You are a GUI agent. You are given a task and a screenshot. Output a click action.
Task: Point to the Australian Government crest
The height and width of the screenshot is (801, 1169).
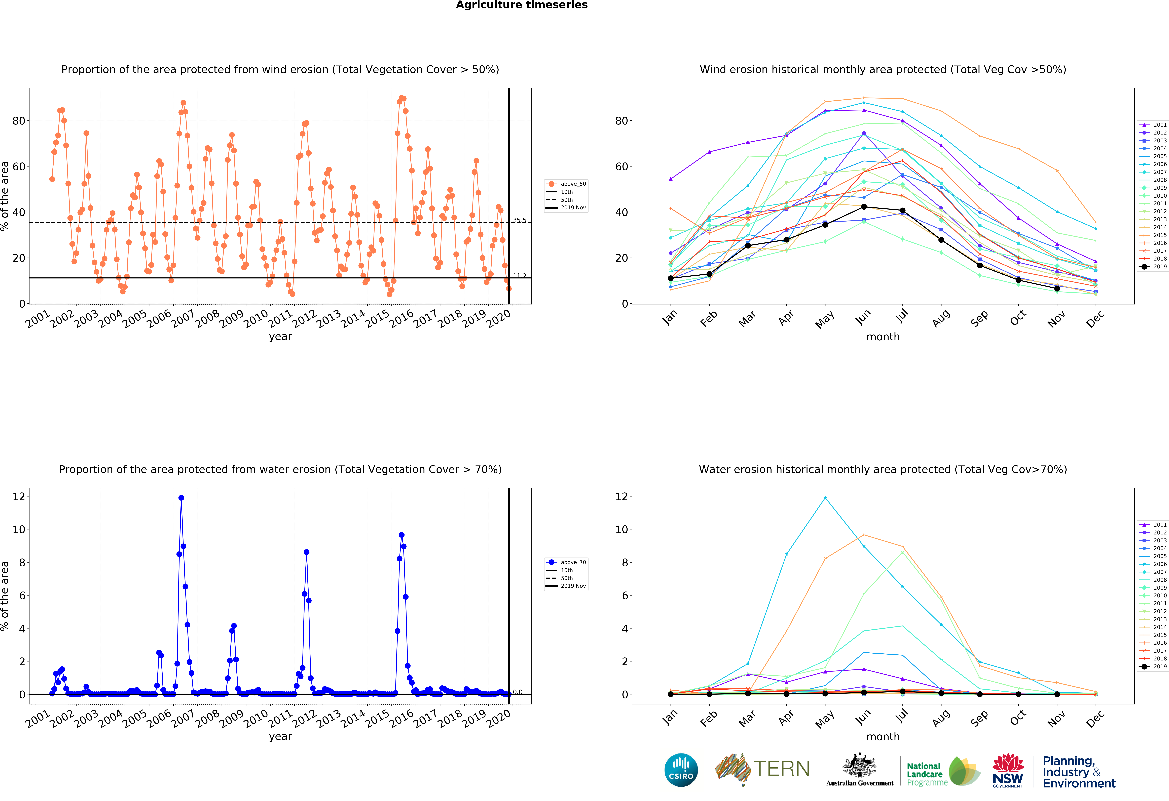pyautogui.click(x=860, y=766)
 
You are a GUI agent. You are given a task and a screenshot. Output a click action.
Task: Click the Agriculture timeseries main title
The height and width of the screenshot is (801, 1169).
pyautogui.click(x=522, y=5)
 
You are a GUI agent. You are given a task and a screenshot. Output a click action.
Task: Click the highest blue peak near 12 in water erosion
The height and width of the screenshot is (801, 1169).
pyautogui.click(x=181, y=498)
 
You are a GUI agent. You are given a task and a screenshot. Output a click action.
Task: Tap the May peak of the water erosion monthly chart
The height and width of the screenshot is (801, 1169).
pyautogui.click(x=825, y=498)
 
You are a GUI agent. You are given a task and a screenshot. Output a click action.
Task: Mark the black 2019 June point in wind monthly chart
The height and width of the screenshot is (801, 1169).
pyautogui.click(x=864, y=207)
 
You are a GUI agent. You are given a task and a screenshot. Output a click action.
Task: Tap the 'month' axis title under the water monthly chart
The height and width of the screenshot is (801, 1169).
pyautogui.click(x=883, y=737)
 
